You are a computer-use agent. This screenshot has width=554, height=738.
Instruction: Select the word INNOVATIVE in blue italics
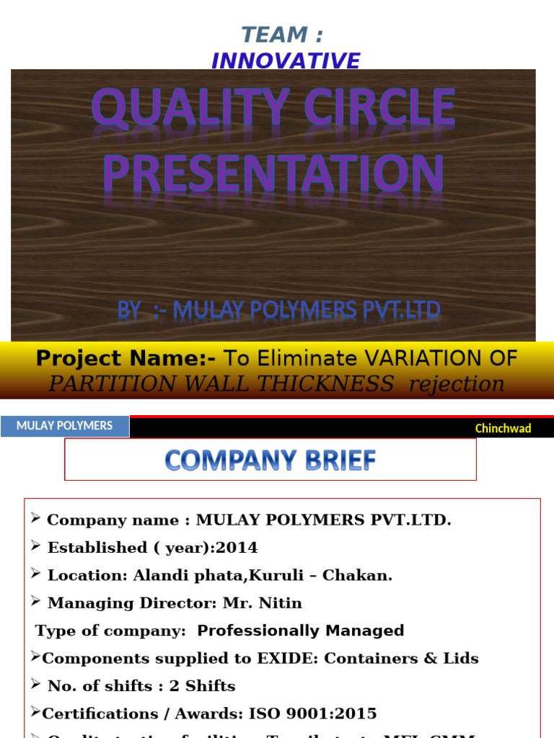285,61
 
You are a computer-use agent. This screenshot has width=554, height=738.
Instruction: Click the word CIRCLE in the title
379,110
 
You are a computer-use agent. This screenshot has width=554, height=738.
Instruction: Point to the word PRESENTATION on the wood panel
273,174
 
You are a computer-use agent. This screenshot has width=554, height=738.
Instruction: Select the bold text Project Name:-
127,358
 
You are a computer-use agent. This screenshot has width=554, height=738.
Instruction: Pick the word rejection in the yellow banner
456,383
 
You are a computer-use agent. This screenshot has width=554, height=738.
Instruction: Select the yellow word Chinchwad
503,428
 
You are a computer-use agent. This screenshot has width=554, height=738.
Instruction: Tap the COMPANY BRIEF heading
271,460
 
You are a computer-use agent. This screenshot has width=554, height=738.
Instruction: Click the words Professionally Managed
300,631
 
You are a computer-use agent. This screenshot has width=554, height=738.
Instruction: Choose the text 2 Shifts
202,685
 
